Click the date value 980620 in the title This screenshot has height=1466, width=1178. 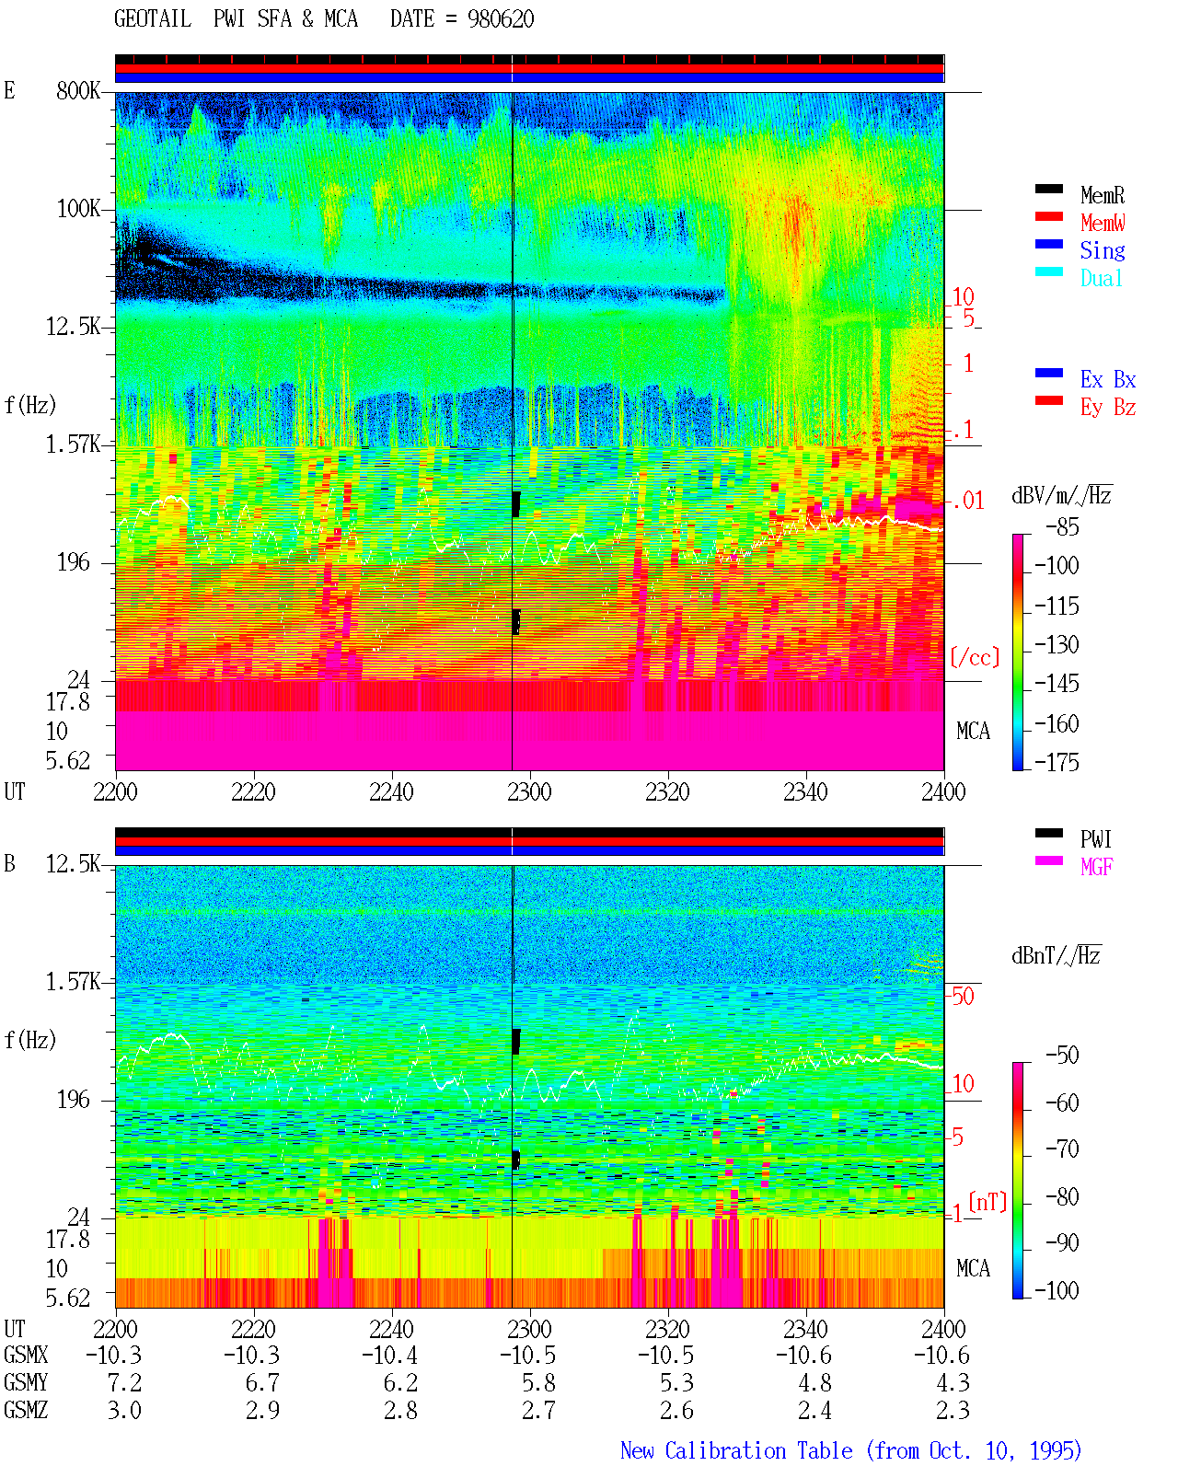500,19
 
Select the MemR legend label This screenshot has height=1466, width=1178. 1102,195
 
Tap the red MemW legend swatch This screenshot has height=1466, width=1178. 1048,216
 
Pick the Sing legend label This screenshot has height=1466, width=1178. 1102,250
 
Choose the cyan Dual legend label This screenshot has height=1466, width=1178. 1101,278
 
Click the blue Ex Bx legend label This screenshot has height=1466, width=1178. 1107,379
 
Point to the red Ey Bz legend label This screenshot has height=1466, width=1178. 1107,408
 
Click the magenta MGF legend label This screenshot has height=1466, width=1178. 1096,867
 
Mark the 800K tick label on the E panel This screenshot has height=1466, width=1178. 78,90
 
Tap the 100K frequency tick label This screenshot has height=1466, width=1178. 78,209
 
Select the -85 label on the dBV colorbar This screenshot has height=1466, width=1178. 1062,527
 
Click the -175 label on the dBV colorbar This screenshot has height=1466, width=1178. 1057,762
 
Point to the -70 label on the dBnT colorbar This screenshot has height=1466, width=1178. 1062,1149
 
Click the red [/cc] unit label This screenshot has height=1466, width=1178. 975,657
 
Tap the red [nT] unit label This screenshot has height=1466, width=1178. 987,1202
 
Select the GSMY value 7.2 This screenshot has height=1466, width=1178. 124,1383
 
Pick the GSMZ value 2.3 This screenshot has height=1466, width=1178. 953,1410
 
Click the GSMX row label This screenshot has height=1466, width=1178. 26,1356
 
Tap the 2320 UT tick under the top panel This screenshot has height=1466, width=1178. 667,792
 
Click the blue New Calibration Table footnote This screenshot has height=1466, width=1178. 850,1451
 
